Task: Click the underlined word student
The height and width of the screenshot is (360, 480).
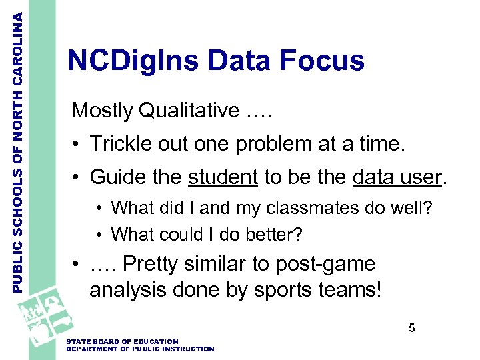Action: pos(223,177)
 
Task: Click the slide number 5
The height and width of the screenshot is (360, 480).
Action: pos(412,328)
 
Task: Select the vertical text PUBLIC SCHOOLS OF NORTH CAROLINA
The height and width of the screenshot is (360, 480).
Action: pos(20,147)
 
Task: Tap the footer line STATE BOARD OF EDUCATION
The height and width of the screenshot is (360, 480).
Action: pos(123,342)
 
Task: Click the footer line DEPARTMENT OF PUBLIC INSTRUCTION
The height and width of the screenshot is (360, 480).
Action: pos(141,349)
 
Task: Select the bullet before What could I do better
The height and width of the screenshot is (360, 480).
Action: pos(98,235)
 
